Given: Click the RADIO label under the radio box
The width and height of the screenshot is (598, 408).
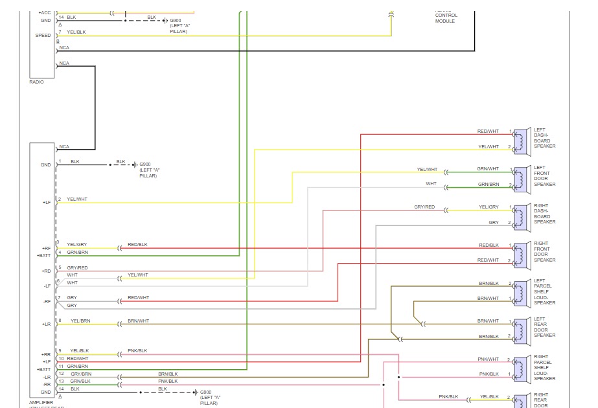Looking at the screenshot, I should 36,82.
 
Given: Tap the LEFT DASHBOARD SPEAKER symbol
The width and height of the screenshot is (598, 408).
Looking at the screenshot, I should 519,140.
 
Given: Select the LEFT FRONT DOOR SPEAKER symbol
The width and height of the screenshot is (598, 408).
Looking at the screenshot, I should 519,177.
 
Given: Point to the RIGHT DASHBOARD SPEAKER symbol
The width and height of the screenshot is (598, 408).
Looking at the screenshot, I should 519,216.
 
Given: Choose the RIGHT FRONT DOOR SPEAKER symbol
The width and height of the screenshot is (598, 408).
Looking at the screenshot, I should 519,253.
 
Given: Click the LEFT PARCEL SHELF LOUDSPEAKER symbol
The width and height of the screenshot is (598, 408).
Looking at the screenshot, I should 519,291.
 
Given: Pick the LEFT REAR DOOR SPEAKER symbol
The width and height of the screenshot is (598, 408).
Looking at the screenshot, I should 519,329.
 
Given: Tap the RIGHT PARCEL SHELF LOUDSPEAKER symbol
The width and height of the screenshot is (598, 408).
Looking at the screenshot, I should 519,367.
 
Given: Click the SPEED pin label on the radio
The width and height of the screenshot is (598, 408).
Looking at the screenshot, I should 43,35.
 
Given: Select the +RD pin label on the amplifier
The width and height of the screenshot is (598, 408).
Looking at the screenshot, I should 46,271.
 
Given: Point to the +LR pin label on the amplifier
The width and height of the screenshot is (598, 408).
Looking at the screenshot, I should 46,324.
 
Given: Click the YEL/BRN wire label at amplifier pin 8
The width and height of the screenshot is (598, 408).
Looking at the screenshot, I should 80,321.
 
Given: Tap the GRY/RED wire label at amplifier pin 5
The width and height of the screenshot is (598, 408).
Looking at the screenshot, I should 77,267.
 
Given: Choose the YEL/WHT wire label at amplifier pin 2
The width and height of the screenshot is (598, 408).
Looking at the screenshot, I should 76,199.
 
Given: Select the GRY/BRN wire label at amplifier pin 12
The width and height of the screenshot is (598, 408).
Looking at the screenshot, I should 80,374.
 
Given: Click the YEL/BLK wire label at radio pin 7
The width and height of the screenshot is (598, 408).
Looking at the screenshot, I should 76,32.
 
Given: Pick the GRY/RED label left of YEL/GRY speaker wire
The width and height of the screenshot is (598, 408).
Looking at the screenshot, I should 424,207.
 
